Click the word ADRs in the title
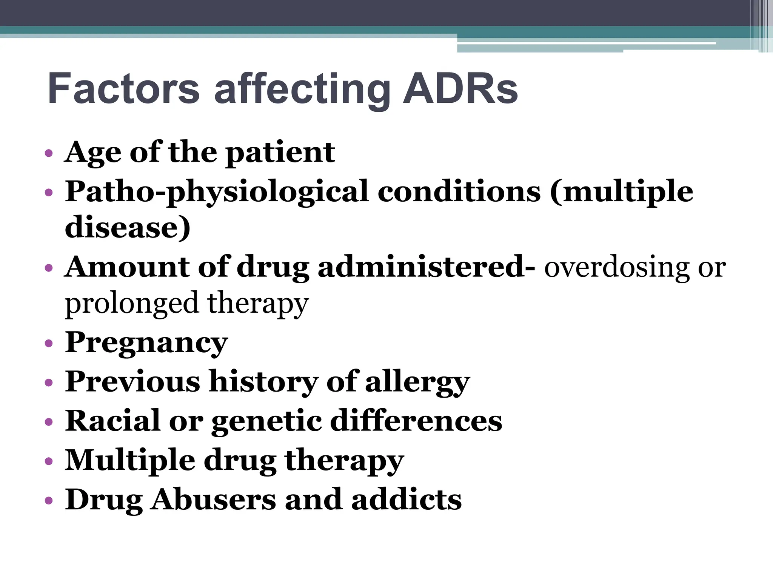(x=460, y=89)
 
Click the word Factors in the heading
(x=123, y=89)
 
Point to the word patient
(x=280, y=153)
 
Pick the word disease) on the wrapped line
(x=128, y=227)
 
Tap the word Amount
(x=126, y=267)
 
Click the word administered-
(x=426, y=267)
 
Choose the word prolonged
(x=131, y=304)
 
